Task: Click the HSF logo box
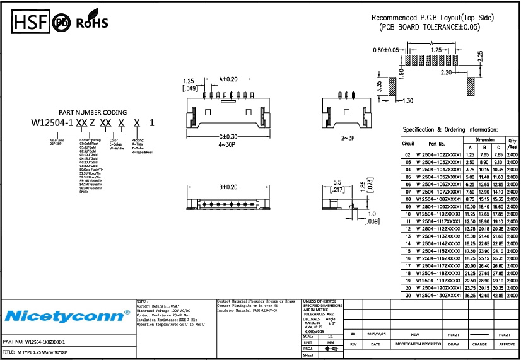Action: pyautogui.click(x=30, y=23)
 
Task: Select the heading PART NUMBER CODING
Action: pyautogui.click(x=93, y=112)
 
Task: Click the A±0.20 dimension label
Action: pyautogui.click(x=228, y=79)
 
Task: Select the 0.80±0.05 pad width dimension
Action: pyautogui.click(x=385, y=50)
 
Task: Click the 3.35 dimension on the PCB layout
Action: pyautogui.click(x=379, y=86)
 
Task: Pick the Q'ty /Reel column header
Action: pyautogui.click(x=512, y=144)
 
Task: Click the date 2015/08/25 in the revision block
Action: pyautogui.click(x=377, y=334)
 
